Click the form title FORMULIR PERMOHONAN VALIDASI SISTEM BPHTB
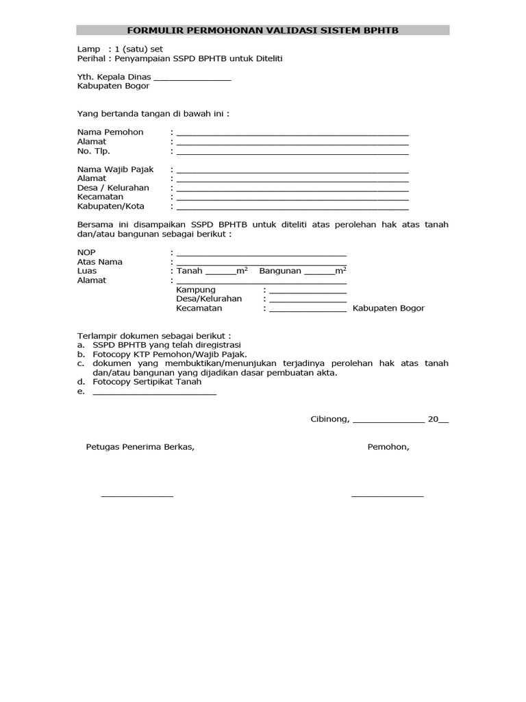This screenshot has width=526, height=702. coord(262,30)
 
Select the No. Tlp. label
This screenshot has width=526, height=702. coord(94,151)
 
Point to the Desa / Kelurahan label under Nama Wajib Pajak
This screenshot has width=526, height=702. coord(113,188)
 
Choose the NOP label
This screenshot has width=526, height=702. coord(86,252)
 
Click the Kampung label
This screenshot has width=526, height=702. coord(196,290)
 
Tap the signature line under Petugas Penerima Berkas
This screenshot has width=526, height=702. coord(137,495)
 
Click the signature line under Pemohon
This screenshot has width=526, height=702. coord(387,495)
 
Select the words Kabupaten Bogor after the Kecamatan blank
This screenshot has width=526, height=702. coord(388,308)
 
